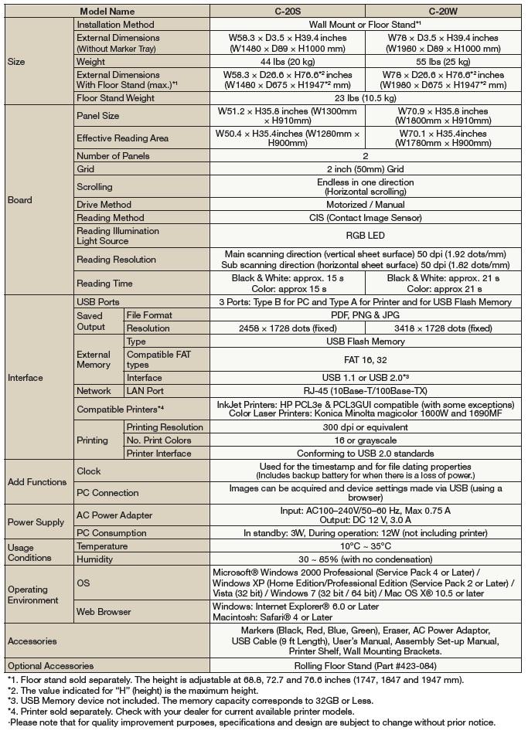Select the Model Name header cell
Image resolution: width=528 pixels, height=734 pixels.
[107, 12]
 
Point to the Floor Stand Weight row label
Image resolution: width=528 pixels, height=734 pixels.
[115, 98]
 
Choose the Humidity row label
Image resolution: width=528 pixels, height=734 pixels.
[95, 559]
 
